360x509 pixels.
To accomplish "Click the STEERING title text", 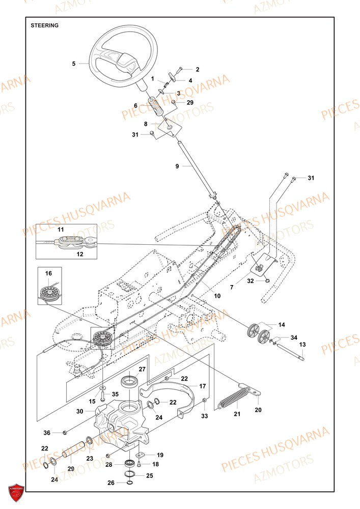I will pos(44,24).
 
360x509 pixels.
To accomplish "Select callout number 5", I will pos(74,64).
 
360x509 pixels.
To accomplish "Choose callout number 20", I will pos(258,409).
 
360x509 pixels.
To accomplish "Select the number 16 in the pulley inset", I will pos(48,273).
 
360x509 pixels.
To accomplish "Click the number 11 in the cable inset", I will pos(61,231).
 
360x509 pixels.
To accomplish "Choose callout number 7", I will pos(231,288).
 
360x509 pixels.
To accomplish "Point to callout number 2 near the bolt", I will pos(183,69).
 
